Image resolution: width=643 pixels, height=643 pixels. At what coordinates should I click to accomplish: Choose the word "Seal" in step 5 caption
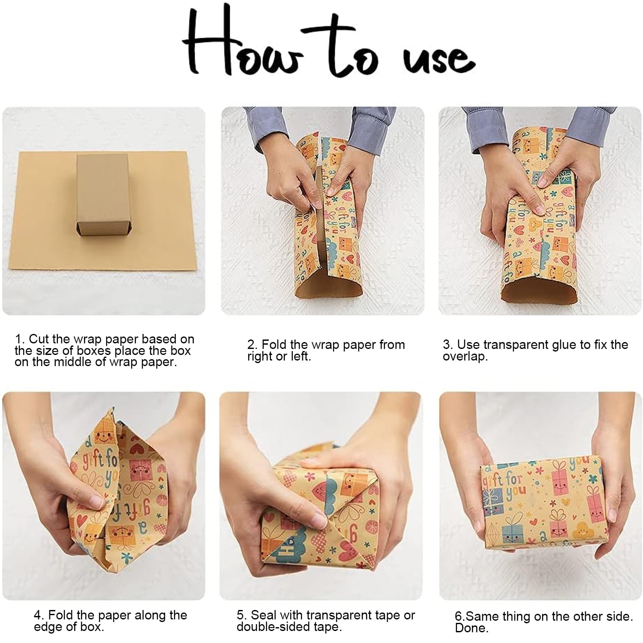264,616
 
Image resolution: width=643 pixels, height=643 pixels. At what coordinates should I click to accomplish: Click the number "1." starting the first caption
20,339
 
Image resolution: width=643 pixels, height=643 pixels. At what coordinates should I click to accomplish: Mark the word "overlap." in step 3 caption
466,357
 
